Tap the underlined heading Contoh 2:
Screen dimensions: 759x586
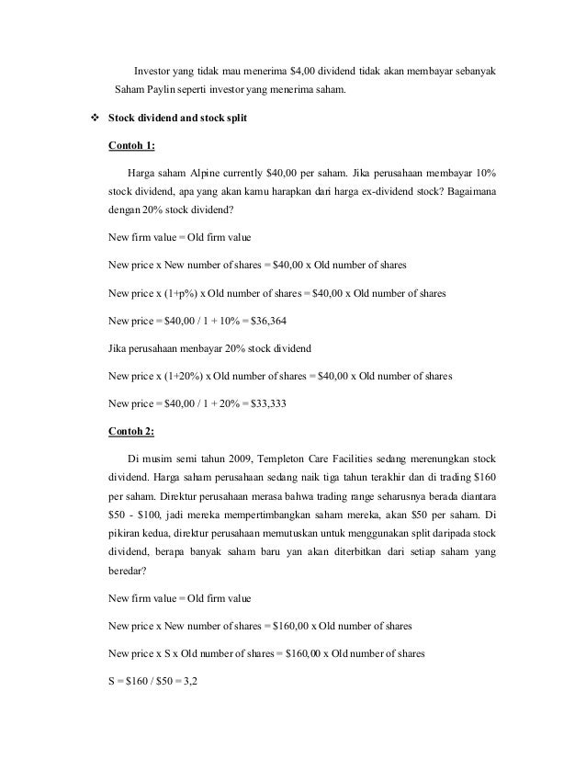coord(132,429)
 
